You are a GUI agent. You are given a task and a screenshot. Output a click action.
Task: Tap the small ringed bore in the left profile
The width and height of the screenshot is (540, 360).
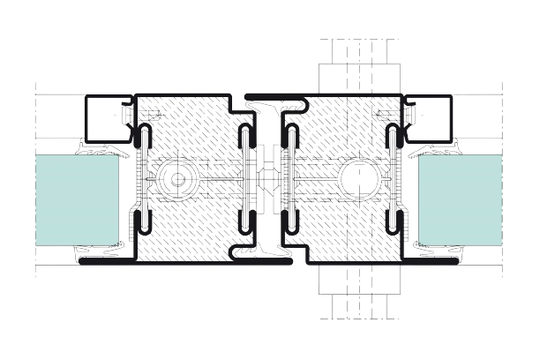177,180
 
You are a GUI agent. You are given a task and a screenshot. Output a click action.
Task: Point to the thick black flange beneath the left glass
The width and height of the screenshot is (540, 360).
106,263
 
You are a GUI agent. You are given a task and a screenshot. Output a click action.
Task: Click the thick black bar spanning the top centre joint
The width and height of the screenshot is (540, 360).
274,94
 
